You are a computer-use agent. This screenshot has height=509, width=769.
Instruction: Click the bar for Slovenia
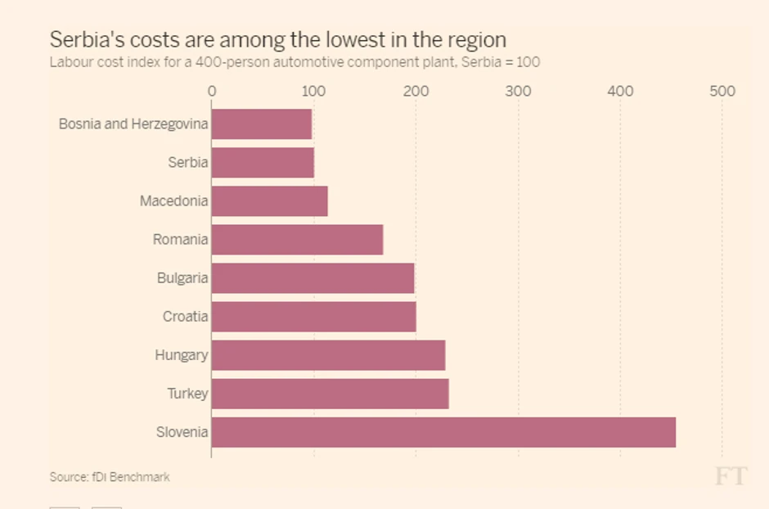(443, 432)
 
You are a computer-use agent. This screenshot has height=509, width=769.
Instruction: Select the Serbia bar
(263, 163)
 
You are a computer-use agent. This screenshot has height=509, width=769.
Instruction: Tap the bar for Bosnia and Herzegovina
(262, 124)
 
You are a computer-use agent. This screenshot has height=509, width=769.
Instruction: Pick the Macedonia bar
(269, 201)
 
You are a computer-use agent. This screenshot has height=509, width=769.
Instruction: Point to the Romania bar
(297, 240)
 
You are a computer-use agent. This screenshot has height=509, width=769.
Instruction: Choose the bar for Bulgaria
(313, 278)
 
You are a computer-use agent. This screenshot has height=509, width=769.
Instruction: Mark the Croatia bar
(313, 317)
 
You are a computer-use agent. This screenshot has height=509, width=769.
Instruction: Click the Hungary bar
(328, 355)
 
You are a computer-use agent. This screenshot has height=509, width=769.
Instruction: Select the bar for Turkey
(330, 394)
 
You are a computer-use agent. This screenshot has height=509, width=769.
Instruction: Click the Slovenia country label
(182, 432)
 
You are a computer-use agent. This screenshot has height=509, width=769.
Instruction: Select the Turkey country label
(187, 394)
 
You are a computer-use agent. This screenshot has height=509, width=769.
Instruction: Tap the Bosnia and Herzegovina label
(133, 124)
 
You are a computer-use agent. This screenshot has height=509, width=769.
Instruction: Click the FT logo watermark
(731, 476)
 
